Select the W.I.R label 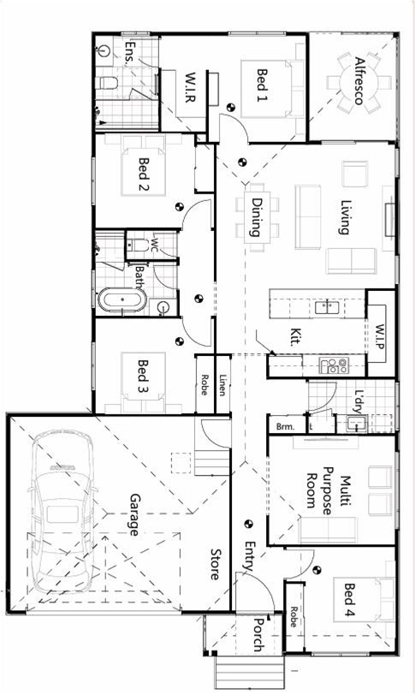[x=190, y=87]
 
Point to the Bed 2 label [x=144, y=175]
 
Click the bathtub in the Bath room [x=122, y=300]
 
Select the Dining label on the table [x=256, y=217]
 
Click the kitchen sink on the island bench [x=328, y=306]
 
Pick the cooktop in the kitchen [x=334, y=365]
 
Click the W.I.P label [x=381, y=337]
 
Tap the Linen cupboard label [x=223, y=384]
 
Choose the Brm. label [x=286, y=427]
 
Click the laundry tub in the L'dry [x=357, y=424]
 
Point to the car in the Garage [x=62, y=511]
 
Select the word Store [x=216, y=564]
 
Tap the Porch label [x=258, y=635]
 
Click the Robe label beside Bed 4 [x=293, y=616]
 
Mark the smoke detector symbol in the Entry [x=249, y=524]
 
